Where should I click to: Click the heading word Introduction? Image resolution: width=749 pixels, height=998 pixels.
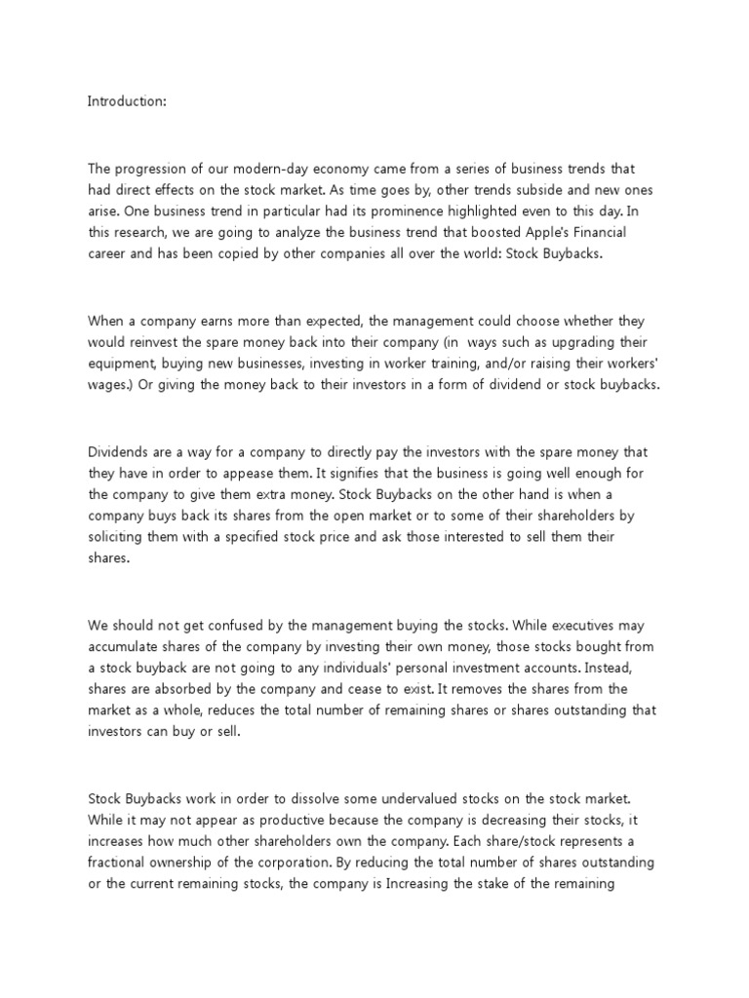point(128,100)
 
